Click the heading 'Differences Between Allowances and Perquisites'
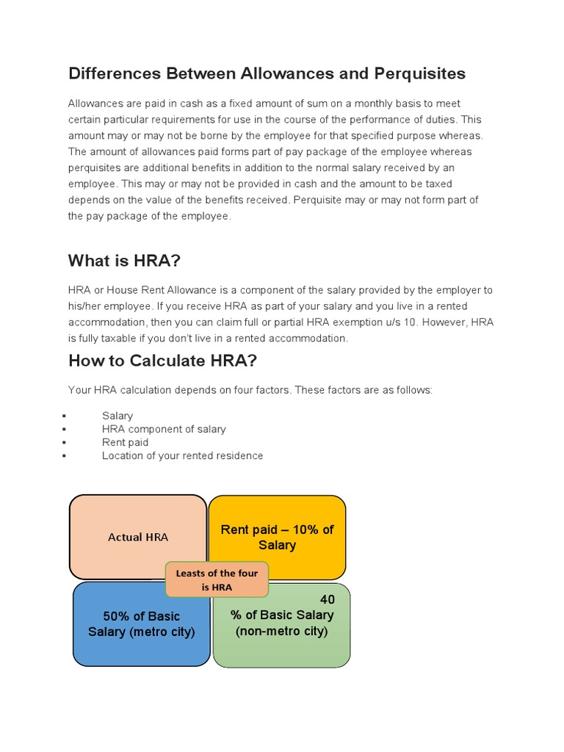267,74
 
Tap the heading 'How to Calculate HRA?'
162,361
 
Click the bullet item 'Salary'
117,416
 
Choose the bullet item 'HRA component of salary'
164,429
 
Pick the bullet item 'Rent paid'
125,442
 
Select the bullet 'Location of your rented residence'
182,455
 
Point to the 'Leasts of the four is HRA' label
217,580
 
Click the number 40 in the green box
327,600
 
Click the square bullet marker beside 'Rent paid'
65,443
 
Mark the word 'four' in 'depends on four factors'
258,389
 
